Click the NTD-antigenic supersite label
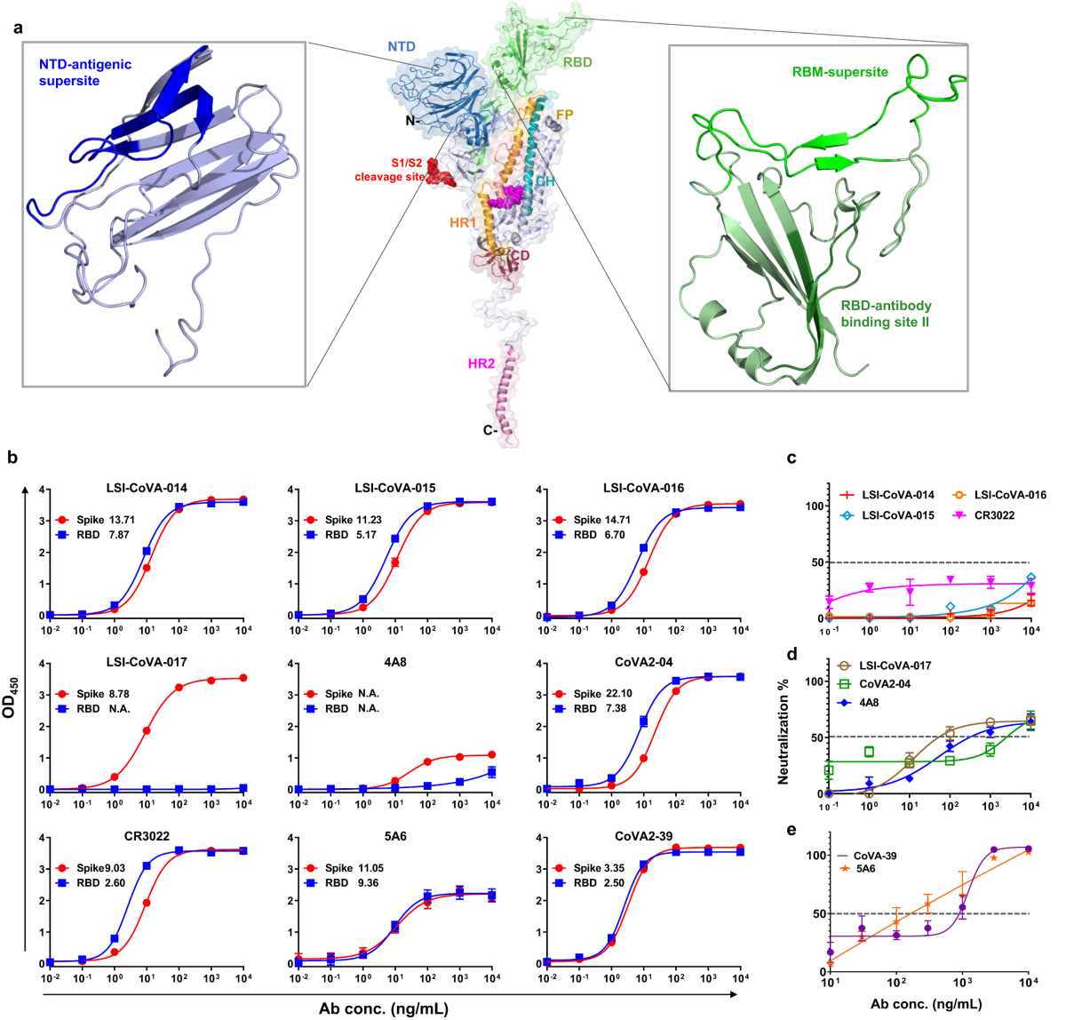[84, 72]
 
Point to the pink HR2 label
[481, 363]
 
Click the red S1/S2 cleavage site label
[390, 170]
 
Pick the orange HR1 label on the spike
[463, 223]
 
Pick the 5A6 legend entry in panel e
[864, 870]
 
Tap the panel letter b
[12, 458]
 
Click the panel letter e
[792, 830]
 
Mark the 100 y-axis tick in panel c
[812, 506]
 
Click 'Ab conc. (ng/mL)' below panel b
[384, 1008]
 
